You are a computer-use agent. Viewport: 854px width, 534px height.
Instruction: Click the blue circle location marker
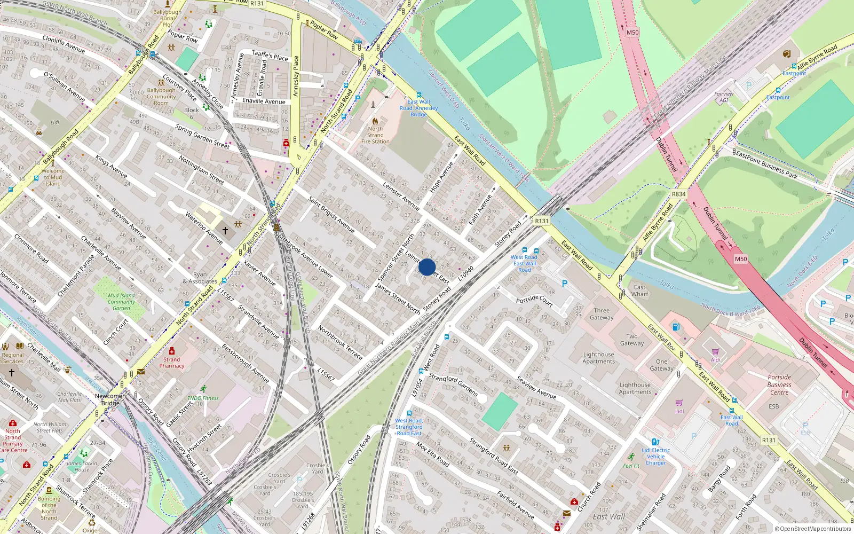[x=427, y=267]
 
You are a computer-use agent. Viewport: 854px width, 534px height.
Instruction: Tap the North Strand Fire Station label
[x=375, y=135]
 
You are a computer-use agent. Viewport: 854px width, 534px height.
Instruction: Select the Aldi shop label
[x=715, y=359]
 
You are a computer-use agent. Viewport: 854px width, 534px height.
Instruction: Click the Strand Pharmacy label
[x=171, y=363]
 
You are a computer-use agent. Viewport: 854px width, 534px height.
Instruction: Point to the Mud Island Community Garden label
[x=121, y=302]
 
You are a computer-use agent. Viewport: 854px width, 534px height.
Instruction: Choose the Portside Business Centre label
[x=779, y=384]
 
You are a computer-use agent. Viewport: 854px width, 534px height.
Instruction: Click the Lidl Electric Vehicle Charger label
[x=655, y=457]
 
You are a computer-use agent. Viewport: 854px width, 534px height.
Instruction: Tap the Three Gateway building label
[x=602, y=314]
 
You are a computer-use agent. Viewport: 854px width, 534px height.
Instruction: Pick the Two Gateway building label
[x=632, y=340]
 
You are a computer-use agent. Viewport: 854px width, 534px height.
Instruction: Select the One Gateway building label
[x=661, y=365]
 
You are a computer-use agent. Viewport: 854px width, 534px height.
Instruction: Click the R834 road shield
[x=678, y=194]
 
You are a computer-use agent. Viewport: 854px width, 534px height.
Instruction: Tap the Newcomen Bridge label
[x=110, y=399]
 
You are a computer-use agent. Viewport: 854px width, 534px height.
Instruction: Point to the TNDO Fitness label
[x=203, y=398]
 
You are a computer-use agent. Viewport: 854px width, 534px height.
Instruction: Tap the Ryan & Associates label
[x=200, y=278]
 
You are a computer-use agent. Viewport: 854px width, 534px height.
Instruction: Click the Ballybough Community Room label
[x=161, y=97]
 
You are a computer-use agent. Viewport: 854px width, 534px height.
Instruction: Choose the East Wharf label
[x=639, y=290]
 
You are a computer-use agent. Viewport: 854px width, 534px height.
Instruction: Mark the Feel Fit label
[x=631, y=466]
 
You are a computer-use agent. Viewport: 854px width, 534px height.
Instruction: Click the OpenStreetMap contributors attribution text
[x=813, y=529]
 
